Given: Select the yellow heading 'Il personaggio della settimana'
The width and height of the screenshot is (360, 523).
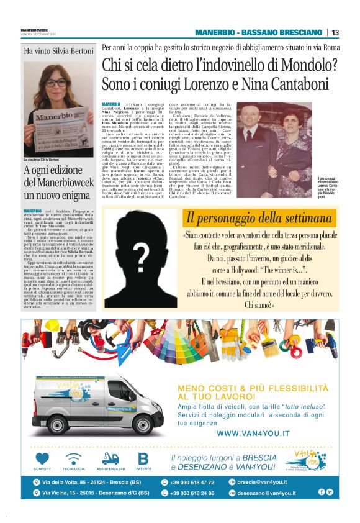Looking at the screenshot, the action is pyautogui.click(x=258, y=218).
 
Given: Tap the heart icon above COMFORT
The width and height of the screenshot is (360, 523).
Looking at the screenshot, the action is pyautogui.click(x=42, y=459).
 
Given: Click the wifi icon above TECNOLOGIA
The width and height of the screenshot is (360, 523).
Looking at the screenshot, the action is pyautogui.click(x=74, y=459).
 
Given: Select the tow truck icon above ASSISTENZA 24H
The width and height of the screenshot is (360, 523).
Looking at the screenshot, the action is pyautogui.click(x=110, y=459).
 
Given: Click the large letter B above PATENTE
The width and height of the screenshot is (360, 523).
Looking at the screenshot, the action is pyautogui.click(x=143, y=459).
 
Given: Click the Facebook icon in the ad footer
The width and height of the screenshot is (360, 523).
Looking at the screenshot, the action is pyautogui.click(x=322, y=492).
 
